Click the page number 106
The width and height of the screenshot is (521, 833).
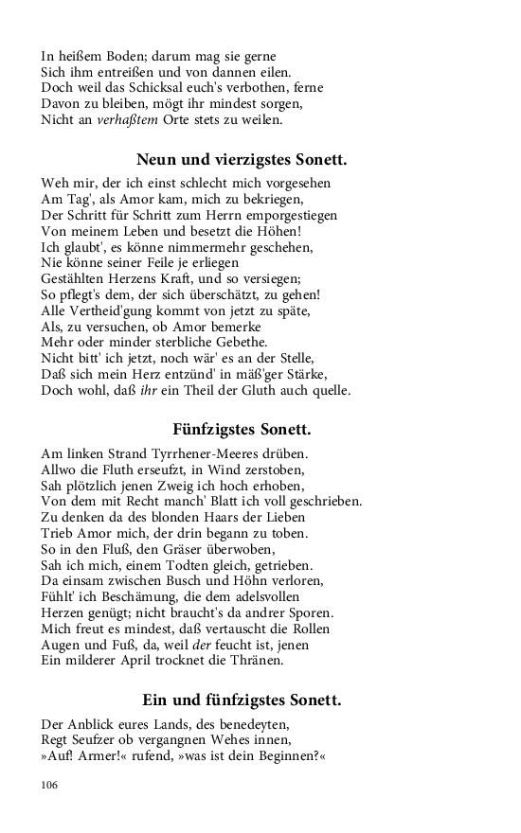pos(49,785)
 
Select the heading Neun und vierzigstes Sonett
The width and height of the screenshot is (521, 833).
pos(242,159)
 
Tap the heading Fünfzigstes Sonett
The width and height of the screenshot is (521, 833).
pos(242,430)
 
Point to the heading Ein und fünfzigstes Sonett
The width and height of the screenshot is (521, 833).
pos(242,700)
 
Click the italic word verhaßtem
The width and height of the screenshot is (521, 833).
pos(129,121)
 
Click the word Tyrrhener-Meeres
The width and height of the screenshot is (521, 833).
pos(204,453)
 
